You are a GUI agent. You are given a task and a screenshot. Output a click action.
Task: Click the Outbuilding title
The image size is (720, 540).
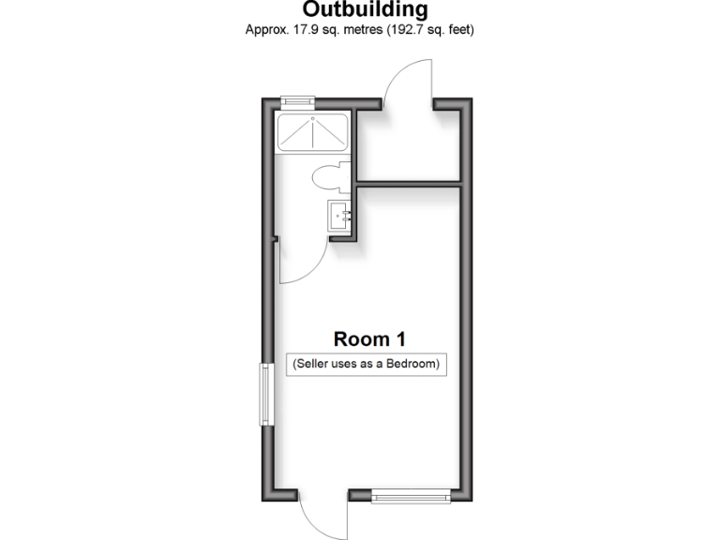pyautogui.click(x=366, y=10)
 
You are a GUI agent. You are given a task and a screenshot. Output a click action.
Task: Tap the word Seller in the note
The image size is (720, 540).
pyautogui.click(x=314, y=364)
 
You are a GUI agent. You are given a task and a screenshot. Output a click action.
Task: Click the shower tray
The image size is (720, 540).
pyautogui.click(x=314, y=133)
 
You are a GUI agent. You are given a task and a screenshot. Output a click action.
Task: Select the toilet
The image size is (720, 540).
pyautogui.click(x=326, y=176)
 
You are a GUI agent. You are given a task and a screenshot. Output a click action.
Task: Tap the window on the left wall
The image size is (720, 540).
pyautogui.click(x=266, y=395)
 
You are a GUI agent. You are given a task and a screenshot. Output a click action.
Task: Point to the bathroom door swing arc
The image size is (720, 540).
pyautogui.click(x=309, y=262)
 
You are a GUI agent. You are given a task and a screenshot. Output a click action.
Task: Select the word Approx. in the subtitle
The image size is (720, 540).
pyautogui.click(x=264, y=30)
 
